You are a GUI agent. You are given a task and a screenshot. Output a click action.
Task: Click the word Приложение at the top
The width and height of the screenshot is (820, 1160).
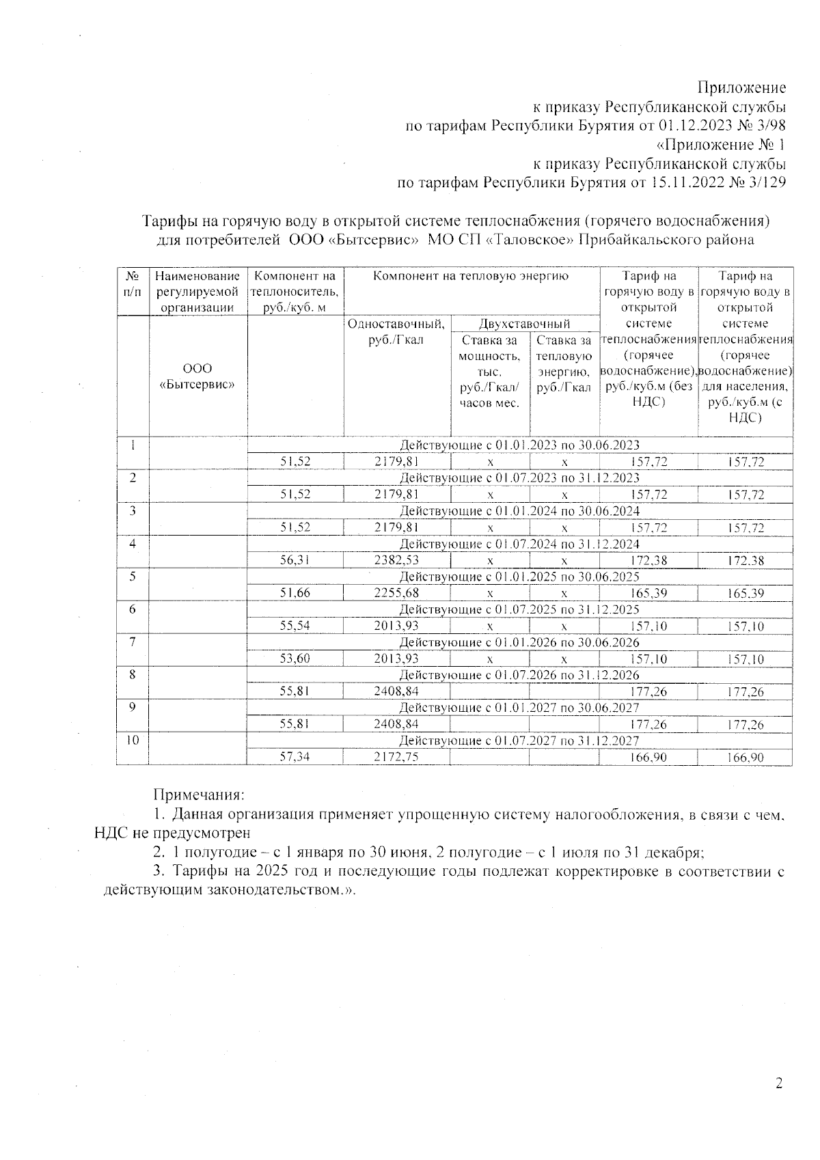(x=741, y=87)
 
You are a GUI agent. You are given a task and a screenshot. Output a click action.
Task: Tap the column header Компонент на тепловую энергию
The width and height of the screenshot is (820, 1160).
(x=471, y=277)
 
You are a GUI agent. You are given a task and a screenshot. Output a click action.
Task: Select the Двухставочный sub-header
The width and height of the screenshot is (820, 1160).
(x=524, y=324)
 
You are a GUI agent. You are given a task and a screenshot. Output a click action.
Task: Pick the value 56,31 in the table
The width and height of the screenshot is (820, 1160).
(x=295, y=561)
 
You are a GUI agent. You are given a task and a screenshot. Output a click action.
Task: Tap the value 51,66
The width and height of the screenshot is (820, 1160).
(x=295, y=594)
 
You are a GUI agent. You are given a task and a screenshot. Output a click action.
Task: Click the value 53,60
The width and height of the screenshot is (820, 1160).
(x=295, y=659)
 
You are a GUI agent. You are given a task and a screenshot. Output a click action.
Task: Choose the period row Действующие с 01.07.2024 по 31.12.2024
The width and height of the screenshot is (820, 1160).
(x=519, y=544)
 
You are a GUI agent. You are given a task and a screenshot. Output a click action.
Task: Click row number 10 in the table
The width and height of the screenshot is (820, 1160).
(x=133, y=741)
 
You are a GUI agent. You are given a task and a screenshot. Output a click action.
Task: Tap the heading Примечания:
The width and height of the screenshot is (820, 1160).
(x=198, y=795)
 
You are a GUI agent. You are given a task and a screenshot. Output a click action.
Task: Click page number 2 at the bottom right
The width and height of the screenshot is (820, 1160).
(x=778, y=1083)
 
